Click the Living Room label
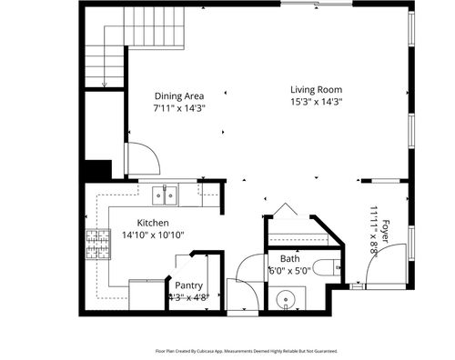[316, 89]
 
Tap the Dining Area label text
[178, 95]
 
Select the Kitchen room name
[154, 223]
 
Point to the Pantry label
[188, 285]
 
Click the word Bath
[289, 258]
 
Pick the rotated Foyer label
[386, 233]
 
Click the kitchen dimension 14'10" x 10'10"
[154, 235]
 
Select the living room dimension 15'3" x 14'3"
[316, 102]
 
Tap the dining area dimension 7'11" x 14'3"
[178, 107]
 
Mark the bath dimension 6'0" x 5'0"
[289, 270]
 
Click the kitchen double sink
[165, 194]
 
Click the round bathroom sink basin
[288, 297]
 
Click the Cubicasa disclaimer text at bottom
[246, 349]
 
